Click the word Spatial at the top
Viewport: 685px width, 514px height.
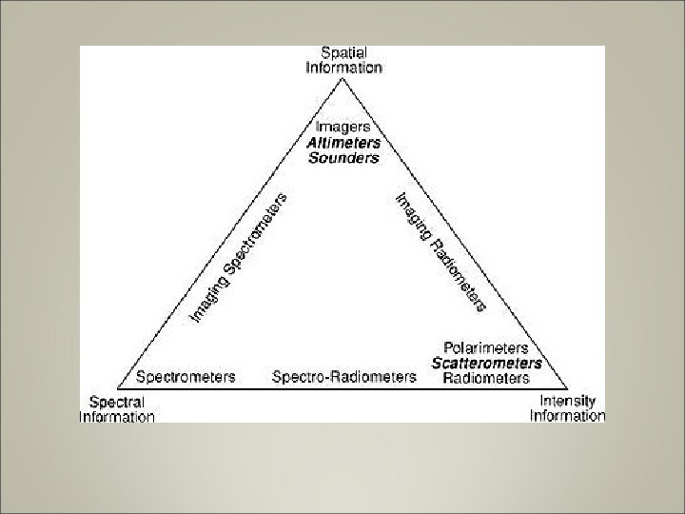pyautogui.click(x=343, y=52)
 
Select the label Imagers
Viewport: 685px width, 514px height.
pyautogui.click(x=343, y=128)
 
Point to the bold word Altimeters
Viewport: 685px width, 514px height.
pyautogui.click(x=343, y=143)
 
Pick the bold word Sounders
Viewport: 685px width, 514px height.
pyautogui.click(x=343, y=158)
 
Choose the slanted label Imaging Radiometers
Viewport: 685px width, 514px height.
pyautogui.click(x=440, y=251)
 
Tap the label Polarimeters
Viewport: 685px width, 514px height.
pyautogui.click(x=486, y=347)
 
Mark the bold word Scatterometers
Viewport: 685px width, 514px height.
pyautogui.click(x=486, y=363)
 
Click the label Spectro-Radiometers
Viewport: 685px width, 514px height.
pyautogui.click(x=343, y=377)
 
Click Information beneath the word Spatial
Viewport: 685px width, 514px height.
pyautogui.click(x=343, y=68)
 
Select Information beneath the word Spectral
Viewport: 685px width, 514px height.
pyautogui.click(x=116, y=416)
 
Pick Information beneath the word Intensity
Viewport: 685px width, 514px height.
pyautogui.click(x=567, y=416)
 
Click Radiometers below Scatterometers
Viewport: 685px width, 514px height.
pyautogui.click(x=486, y=378)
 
